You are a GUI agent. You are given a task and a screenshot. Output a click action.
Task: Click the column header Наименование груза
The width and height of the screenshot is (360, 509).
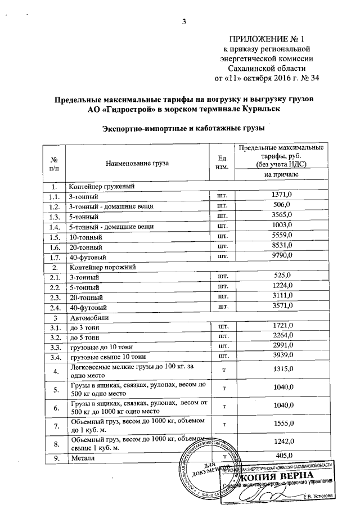click(137, 164)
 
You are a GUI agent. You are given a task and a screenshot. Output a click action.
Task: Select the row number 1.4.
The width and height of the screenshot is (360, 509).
click(54, 227)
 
